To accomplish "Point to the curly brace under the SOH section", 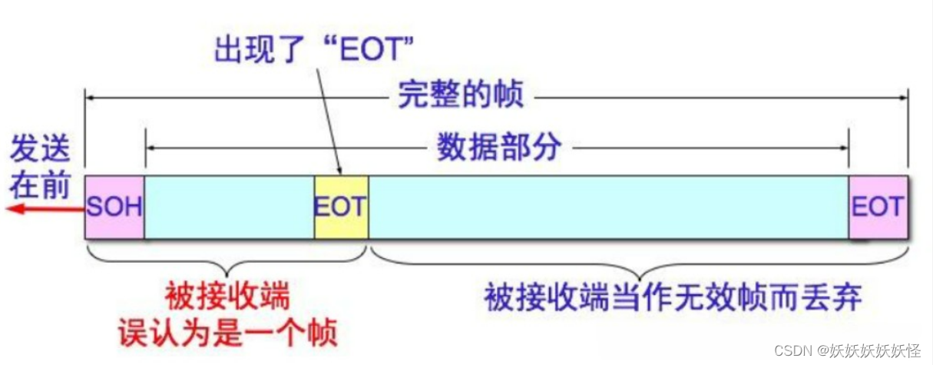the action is click(x=227, y=261).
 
